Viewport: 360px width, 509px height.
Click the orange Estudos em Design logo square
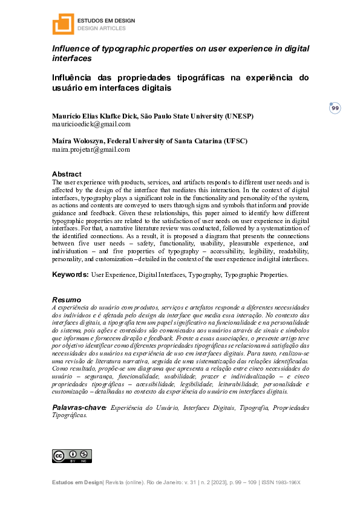click(x=63, y=24)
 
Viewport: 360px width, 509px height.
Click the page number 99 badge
click(x=335, y=108)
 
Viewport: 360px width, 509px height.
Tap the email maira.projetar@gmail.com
click(x=91, y=149)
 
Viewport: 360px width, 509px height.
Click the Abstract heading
click(x=67, y=174)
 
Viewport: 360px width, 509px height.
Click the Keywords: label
click(x=70, y=274)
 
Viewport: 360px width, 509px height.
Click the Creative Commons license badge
click(x=72, y=456)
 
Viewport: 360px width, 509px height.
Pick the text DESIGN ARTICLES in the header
click(x=101, y=28)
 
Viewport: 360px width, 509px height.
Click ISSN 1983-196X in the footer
click(x=284, y=482)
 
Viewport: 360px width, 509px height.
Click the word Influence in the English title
click(x=71, y=49)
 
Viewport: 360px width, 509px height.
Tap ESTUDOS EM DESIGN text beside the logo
click(x=106, y=21)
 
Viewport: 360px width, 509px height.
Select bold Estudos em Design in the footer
click(x=78, y=482)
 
